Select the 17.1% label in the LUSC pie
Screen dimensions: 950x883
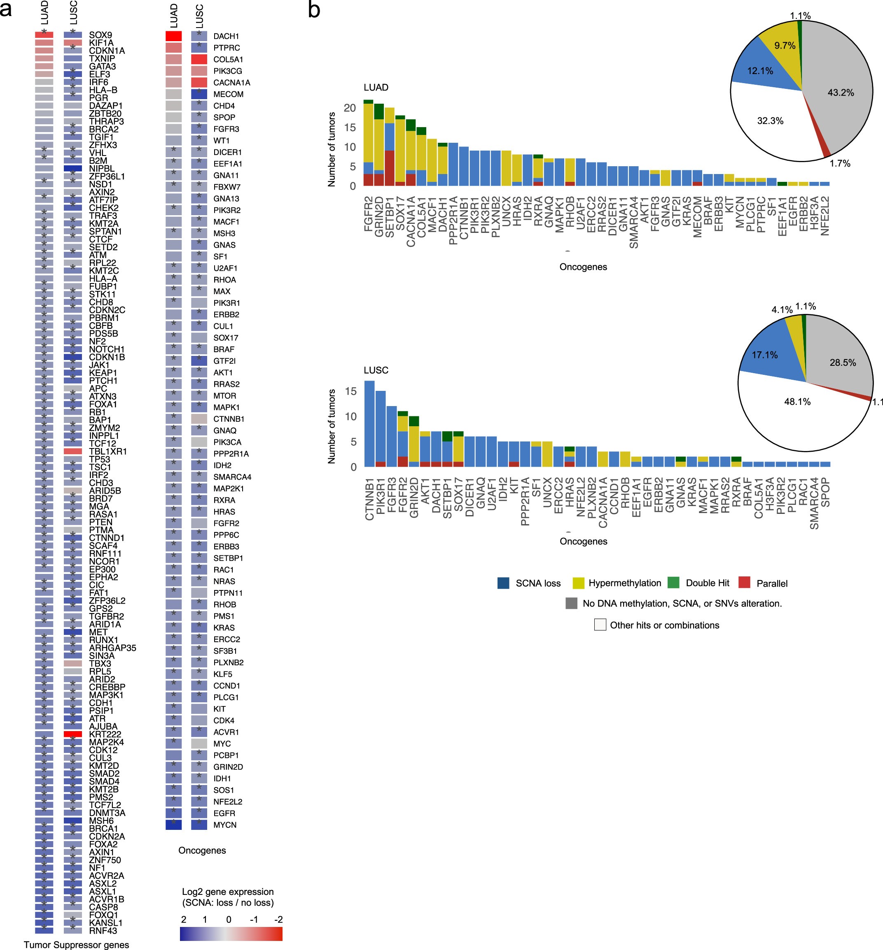tap(764, 355)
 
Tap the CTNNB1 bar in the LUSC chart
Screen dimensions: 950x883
tap(369, 423)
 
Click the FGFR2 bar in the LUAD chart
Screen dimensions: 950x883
tap(368, 143)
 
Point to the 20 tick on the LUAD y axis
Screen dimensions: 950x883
tap(350, 108)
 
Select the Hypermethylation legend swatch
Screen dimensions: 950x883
tap(578, 583)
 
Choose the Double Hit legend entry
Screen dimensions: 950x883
tap(707, 583)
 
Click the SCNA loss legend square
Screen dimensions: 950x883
tap(503, 583)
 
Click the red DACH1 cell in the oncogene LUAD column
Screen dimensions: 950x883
tap(173, 36)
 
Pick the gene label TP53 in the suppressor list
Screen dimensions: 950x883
tap(99, 459)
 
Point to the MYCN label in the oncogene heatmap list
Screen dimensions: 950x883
tap(224, 825)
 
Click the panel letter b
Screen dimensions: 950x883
tap(314, 9)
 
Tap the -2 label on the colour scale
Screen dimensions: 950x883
tap(278, 920)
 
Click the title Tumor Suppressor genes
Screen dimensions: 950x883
tap(77, 945)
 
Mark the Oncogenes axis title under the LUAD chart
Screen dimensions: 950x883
tap(583, 267)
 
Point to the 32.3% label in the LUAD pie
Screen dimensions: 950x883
tap(770, 121)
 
